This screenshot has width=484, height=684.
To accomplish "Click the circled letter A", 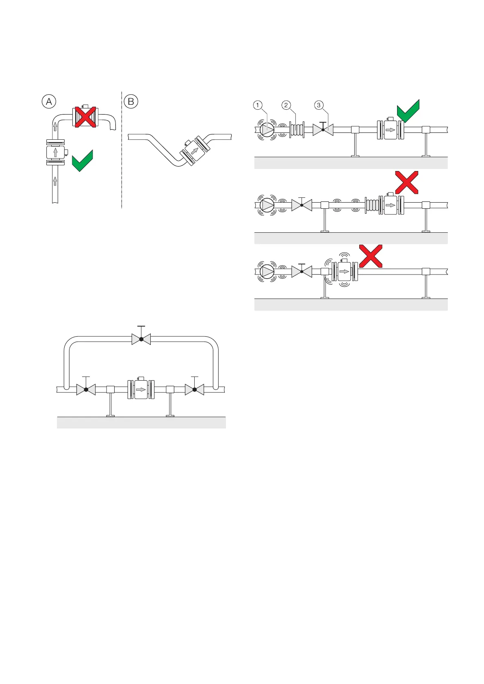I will [x=49, y=101].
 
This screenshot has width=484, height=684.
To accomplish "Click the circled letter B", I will [x=131, y=101].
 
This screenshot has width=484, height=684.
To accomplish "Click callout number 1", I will [x=258, y=105].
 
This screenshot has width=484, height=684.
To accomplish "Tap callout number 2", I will [x=286, y=105].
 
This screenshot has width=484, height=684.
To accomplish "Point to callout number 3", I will [x=319, y=105].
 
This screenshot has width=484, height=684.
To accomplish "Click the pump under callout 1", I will [x=267, y=130].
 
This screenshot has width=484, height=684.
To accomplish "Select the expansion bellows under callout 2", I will [x=297, y=130].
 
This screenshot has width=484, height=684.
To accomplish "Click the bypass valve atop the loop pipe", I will [x=141, y=339].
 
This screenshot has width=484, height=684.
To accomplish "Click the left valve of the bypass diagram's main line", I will [x=86, y=389].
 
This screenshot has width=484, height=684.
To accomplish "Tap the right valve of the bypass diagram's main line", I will [x=195, y=389].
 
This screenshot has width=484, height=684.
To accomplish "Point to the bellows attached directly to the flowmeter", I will [x=372, y=204].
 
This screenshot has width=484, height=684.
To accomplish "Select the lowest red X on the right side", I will [x=371, y=256].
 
